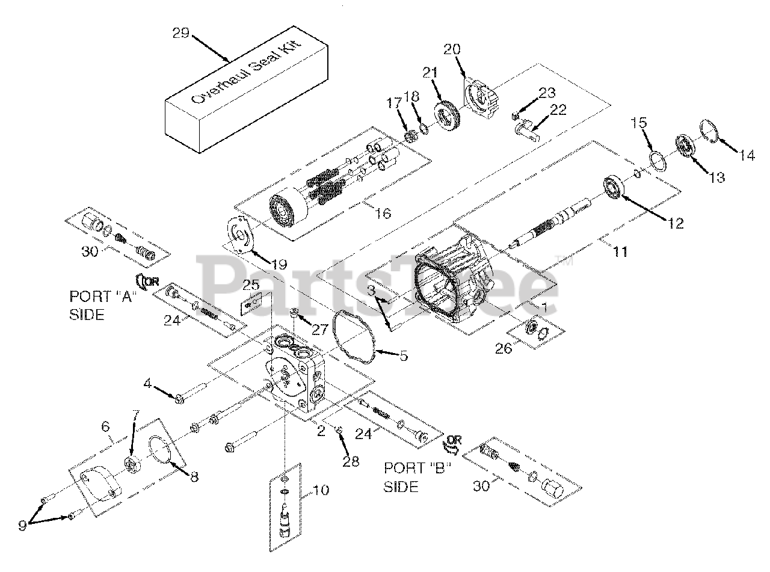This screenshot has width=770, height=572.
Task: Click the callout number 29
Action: click(x=181, y=33)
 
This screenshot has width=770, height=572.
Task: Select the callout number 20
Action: click(x=452, y=49)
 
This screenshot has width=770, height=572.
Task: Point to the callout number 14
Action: click(x=747, y=155)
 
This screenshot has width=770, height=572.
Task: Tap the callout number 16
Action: click(x=382, y=212)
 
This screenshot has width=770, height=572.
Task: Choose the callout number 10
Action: click(x=322, y=490)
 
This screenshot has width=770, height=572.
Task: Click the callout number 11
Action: click(x=620, y=251)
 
